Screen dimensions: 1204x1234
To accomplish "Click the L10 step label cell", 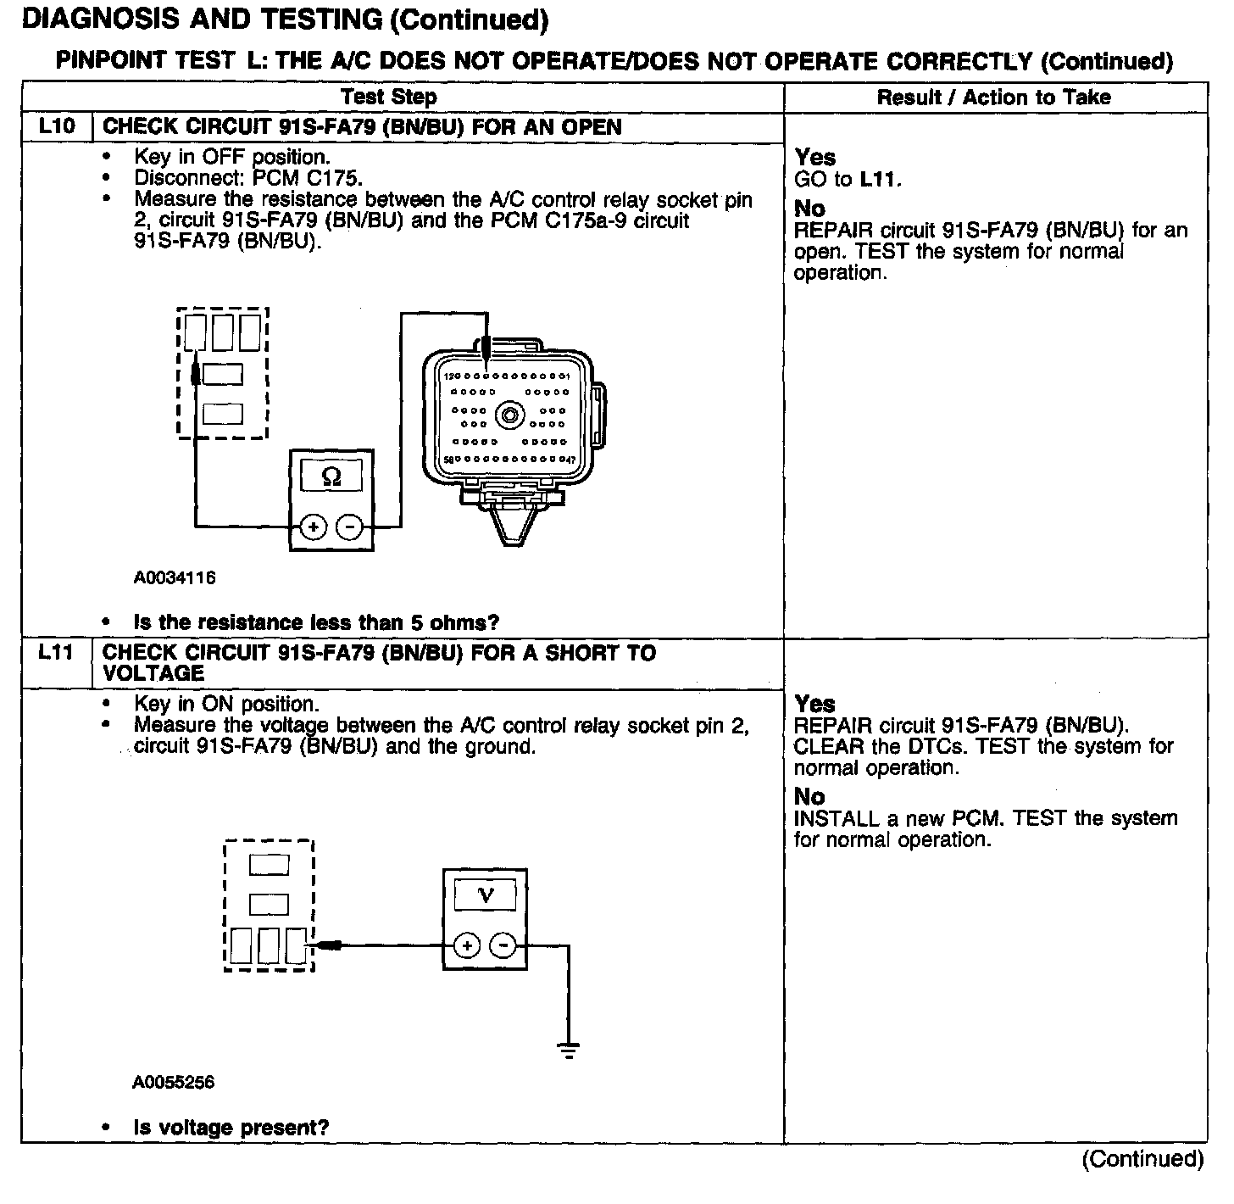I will point(56,127).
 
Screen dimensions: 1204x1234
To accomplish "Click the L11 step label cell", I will point(56,654).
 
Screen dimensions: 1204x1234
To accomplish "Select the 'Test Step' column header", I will point(389,97).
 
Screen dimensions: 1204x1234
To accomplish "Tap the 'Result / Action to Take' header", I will point(993,97).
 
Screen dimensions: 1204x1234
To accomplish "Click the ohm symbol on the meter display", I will point(332,477).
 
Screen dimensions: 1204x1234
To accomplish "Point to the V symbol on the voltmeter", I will point(486,895).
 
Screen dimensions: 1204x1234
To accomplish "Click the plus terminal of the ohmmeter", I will point(314,527).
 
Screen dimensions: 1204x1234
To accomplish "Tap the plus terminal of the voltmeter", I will point(467,945).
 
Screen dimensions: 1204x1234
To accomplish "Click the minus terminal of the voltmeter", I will point(504,945).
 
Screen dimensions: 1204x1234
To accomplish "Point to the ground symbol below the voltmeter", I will point(569,1050).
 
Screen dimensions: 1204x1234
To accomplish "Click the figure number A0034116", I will point(174,578).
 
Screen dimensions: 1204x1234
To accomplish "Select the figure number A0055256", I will point(174,1083).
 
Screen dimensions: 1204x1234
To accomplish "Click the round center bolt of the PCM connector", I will point(509,416).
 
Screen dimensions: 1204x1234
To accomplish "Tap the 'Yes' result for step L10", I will point(815,158).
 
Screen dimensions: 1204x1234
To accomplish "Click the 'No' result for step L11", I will point(809,797).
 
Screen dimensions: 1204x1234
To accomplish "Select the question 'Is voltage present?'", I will point(231,1128).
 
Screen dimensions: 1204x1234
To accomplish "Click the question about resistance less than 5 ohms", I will point(316,622).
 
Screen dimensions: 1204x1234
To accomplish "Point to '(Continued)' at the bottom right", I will point(1142,1159).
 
